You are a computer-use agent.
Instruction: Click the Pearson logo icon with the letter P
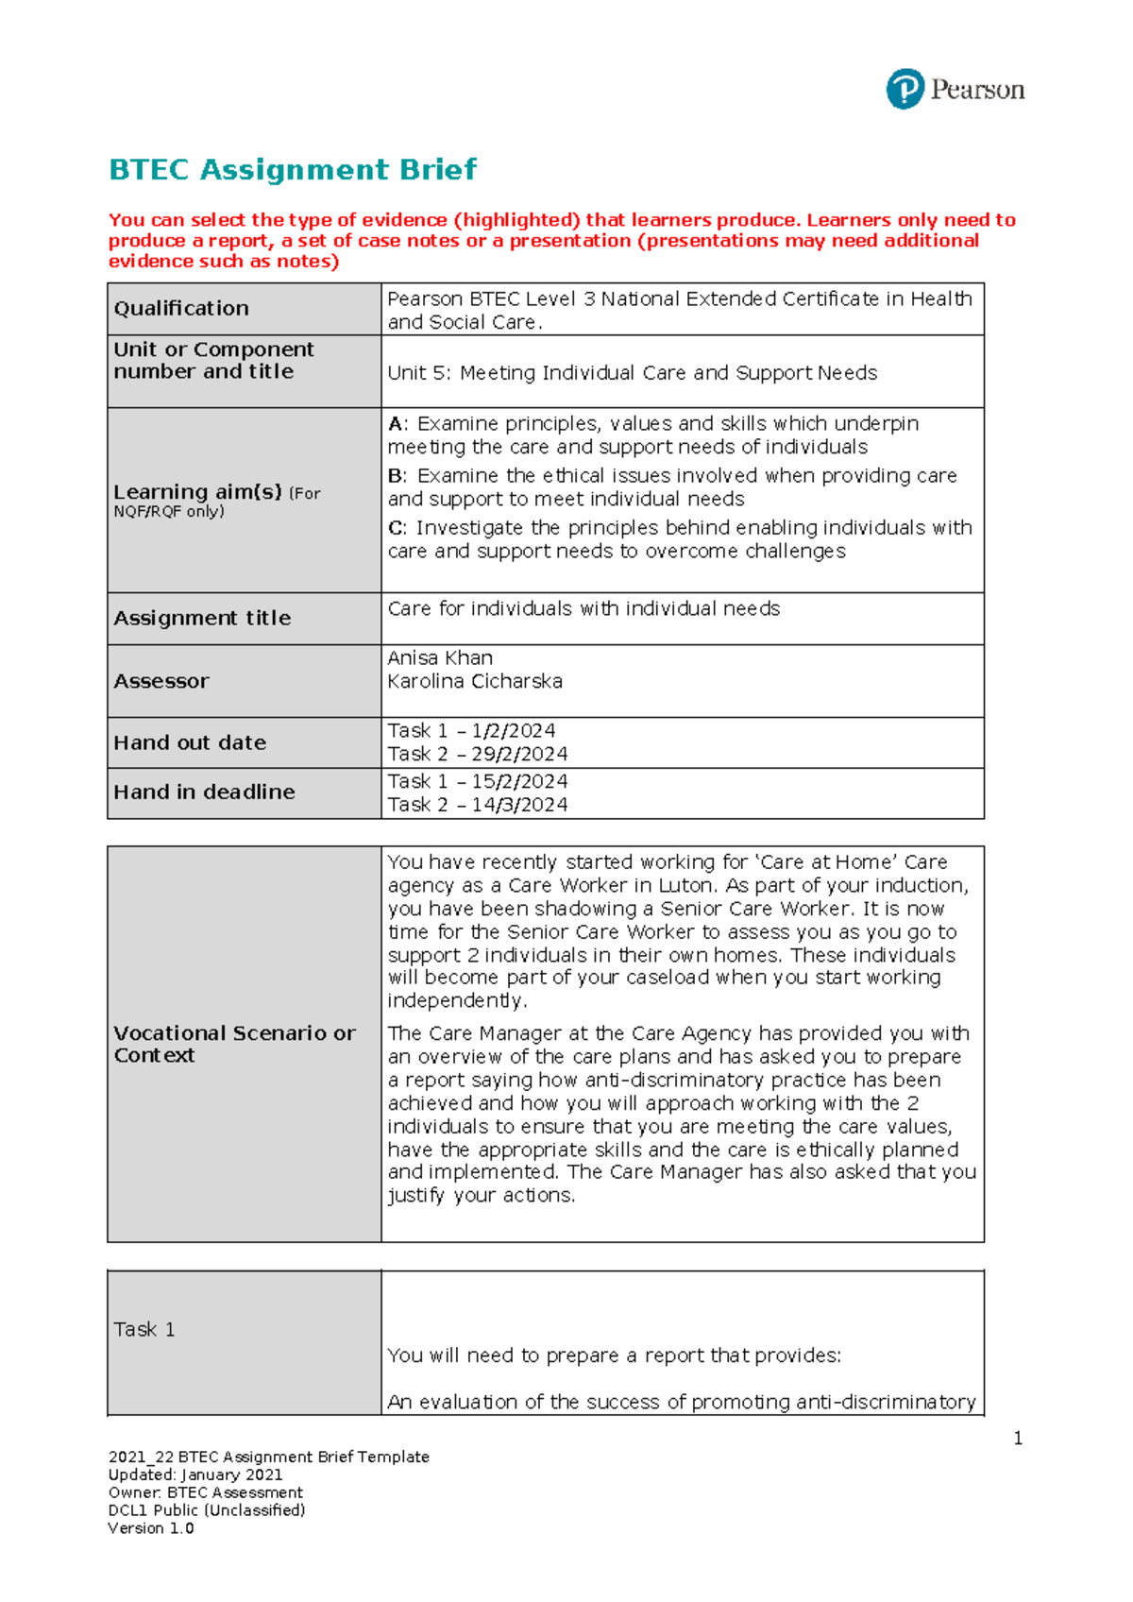click(x=905, y=90)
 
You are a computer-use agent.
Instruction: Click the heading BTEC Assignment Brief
click(x=293, y=170)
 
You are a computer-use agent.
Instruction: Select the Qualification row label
click(x=181, y=309)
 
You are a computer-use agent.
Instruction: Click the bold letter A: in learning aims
click(x=397, y=424)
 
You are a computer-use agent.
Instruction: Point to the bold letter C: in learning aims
click(x=397, y=528)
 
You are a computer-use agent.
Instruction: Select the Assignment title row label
click(x=202, y=619)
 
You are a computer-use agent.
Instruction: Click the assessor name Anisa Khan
click(x=440, y=658)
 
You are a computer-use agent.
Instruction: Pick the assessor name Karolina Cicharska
click(x=475, y=682)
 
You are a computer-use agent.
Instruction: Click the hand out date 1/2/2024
click(x=514, y=731)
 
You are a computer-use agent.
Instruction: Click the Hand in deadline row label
click(x=204, y=792)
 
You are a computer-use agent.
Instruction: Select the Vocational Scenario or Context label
click(x=234, y=1045)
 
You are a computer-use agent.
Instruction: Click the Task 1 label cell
click(x=144, y=1330)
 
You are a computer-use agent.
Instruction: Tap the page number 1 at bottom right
click(x=1018, y=1439)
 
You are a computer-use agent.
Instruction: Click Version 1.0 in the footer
click(x=151, y=1528)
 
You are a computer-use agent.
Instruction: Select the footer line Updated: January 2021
click(x=195, y=1475)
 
